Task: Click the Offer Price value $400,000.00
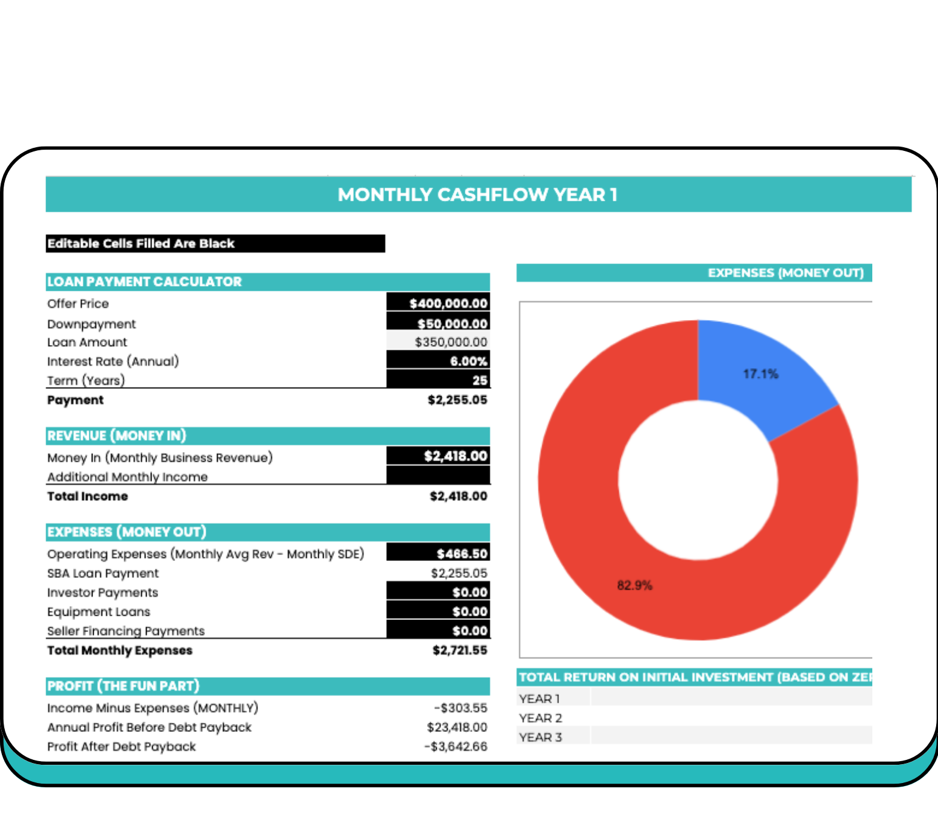pyautogui.click(x=448, y=303)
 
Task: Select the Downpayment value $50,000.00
pyautogui.click(x=452, y=324)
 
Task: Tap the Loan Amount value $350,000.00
pyautogui.click(x=451, y=342)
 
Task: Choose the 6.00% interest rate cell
pyautogui.click(x=468, y=361)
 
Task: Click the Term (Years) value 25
pyautogui.click(x=479, y=380)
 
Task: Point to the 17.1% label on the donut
pyautogui.click(x=760, y=374)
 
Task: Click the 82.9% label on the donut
pyautogui.click(x=634, y=585)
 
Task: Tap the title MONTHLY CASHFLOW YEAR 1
pyautogui.click(x=478, y=195)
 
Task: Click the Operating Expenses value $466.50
pyautogui.click(x=462, y=554)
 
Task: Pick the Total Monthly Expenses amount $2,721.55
pyautogui.click(x=459, y=650)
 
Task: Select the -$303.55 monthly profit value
pyautogui.click(x=460, y=708)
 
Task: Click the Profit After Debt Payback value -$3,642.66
pyautogui.click(x=456, y=747)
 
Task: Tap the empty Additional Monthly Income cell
pyautogui.click(x=438, y=475)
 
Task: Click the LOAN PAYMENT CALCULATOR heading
pyautogui.click(x=145, y=282)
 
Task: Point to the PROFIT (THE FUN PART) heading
pyautogui.click(x=123, y=686)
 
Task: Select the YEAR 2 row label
pyautogui.click(x=540, y=718)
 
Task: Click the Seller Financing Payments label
pyautogui.click(x=126, y=631)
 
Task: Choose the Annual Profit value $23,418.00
pyautogui.click(x=457, y=727)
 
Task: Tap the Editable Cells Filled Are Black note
pyautogui.click(x=141, y=243)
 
